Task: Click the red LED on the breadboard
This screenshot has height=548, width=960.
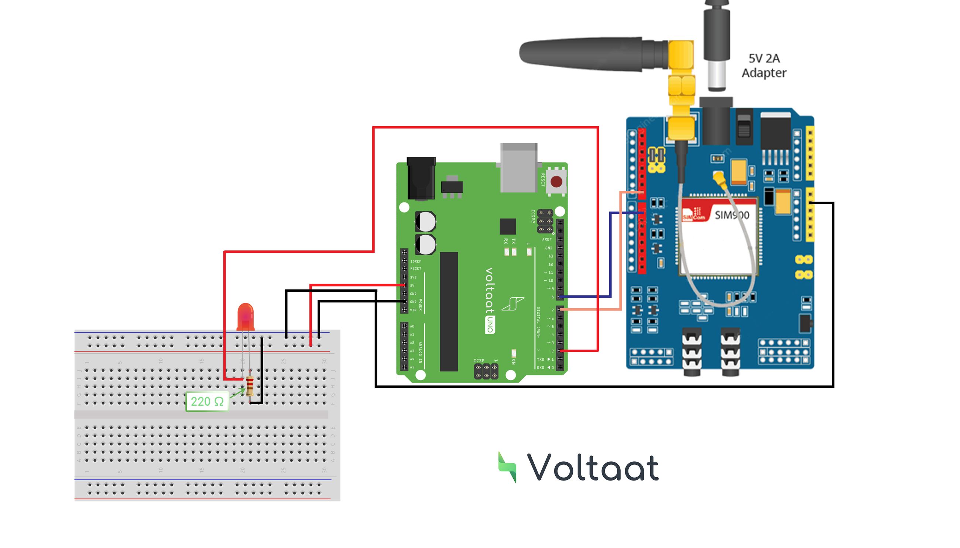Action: [245, 317]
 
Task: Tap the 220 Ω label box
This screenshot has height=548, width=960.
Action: [207, 401]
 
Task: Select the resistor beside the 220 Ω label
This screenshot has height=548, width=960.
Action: [250, 386]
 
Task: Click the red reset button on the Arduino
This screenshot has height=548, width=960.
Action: [556, 182]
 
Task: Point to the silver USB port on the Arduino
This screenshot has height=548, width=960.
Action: [519, 167]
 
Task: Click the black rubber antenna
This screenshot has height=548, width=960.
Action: [588, 54]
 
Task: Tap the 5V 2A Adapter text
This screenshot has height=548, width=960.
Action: [764, 66]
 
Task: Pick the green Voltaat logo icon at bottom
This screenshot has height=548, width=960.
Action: [507, 467]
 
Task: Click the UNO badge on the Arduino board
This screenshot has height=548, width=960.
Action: [490, 325]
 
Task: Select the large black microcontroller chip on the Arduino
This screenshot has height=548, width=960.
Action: [449, 311]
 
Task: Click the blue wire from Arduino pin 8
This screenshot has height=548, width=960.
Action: [610, 256]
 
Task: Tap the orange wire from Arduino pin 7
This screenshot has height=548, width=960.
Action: [621, 256]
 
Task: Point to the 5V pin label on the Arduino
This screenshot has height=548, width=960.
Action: [412, 286]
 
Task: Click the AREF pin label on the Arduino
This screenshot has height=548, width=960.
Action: [547, 239]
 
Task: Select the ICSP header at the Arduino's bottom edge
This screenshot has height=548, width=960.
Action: [486, 371]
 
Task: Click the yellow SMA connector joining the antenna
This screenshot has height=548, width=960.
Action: [682, 87]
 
